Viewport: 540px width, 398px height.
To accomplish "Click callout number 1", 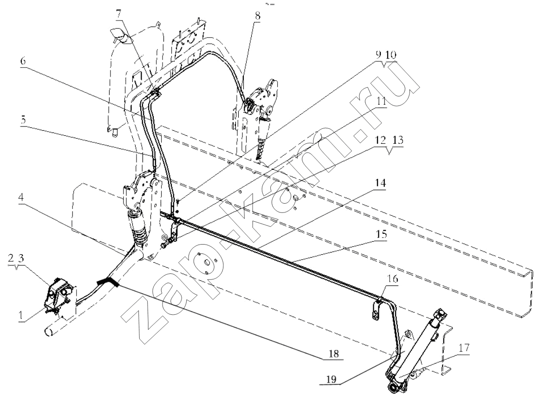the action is [x=21, y=315].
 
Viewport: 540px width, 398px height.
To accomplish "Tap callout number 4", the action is [x=21, y=197].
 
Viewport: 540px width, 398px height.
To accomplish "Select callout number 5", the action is [x=23, y=120].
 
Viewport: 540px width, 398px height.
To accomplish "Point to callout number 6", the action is [x=23, y=61].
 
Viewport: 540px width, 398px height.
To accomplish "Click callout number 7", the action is [x=118, y=14].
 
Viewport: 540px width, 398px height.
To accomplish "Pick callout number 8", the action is [x=258, y=15].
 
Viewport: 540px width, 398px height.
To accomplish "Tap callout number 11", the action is [x=381, y=102].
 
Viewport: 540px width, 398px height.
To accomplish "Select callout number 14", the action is [x=381, y=183].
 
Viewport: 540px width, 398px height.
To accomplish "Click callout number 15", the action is [x=381, y=234].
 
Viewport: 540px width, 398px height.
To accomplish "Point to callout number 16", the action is [x=393, y=278].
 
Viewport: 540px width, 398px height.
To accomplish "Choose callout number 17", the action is [x=464, y=347].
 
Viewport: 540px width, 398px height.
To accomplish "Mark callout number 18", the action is [x=334, y=353].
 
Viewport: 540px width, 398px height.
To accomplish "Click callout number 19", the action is [x=331, y=379].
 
